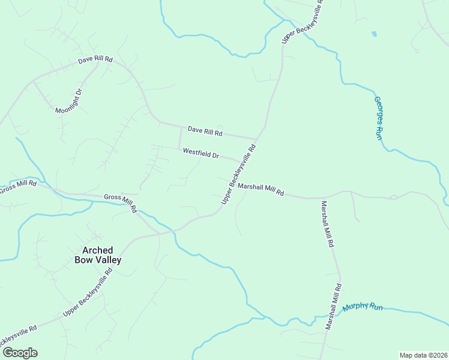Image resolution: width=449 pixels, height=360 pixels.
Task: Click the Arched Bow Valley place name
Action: tap(97, 254)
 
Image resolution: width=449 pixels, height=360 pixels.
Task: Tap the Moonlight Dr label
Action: tap(68, 102)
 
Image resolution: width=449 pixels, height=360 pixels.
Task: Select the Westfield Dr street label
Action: tap(200, 153)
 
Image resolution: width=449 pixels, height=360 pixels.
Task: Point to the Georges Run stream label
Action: tap(378, 118)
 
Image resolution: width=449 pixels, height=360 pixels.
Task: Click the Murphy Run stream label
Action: tap(362, 307)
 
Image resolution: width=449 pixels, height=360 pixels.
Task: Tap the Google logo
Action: tap(20, 353)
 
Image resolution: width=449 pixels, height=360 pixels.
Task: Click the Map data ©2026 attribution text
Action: tap(423, 355)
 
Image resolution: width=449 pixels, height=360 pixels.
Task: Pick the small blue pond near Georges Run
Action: tap(374, 34)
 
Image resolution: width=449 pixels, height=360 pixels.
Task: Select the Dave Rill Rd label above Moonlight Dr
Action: tap(95, 60)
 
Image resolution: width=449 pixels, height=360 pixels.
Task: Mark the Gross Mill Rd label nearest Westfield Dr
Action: tap(121, 203)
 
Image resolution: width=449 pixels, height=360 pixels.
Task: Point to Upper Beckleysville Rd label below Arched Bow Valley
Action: tap(88, 293)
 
